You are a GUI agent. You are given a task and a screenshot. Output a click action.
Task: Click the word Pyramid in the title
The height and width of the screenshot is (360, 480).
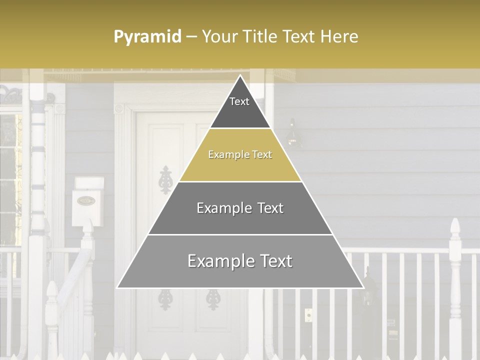(x=147, y=37)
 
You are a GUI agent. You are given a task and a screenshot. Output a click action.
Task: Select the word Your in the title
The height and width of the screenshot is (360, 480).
(x=219, y=37)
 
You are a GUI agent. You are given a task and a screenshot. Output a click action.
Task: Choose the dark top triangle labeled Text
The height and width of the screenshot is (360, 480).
(x=240, y=107)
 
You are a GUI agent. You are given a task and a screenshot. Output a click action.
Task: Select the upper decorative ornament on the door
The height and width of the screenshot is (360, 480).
(x=165, y=180)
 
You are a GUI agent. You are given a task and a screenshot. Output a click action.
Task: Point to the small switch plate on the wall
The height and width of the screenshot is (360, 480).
(x=308, y=315)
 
